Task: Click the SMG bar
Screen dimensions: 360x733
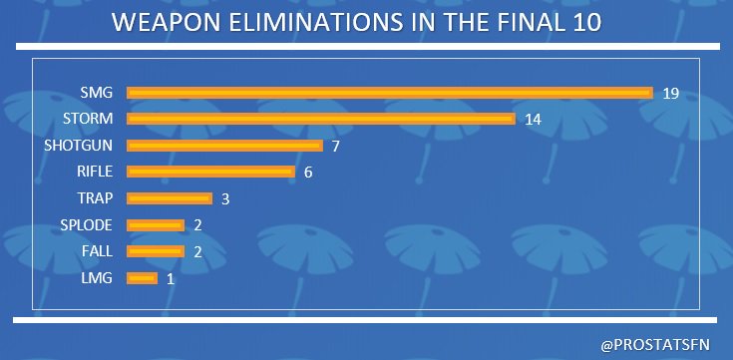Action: pos(390,93)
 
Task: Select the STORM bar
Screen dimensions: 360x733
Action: pos(321,119)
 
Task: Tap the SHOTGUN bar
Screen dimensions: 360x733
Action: pos(225,146)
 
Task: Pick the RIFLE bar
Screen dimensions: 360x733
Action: pos(211,172)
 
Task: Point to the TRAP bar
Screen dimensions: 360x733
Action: pos(170,198)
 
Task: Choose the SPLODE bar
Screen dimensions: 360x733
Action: pos(156,224)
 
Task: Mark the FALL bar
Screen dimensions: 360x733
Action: pos(156,251)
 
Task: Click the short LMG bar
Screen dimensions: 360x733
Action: pos(143,278)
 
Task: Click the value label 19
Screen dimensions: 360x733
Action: pos(670,93)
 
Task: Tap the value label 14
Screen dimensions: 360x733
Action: pos(533,120)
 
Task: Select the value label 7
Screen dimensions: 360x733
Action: pos(337,146)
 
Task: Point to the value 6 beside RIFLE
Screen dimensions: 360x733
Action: pos(308,173)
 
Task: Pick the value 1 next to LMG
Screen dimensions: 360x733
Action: pos(171,278)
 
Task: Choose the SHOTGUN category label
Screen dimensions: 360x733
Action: pos(78,146)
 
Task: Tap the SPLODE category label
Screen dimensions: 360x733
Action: pos(85,224)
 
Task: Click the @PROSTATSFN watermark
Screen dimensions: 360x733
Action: pos(658,344)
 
